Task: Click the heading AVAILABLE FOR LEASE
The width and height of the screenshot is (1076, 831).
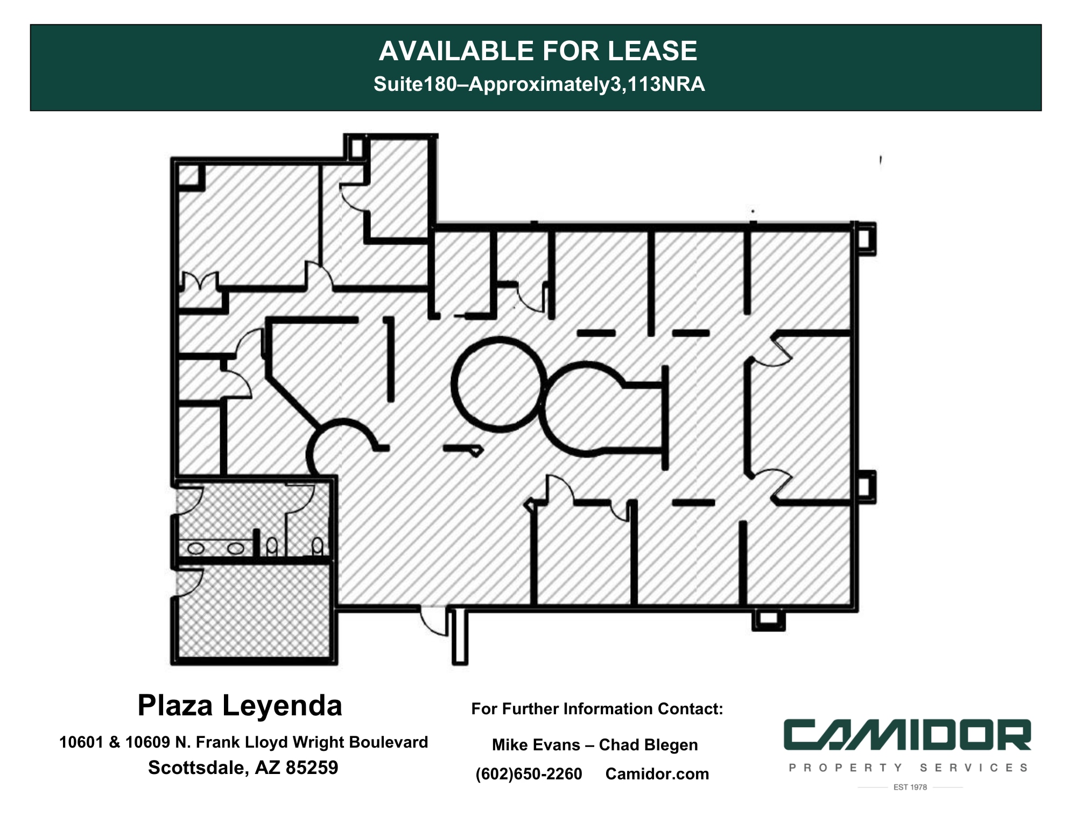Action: [537, 51]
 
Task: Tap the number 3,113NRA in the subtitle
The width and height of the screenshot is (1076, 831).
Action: [657, 84]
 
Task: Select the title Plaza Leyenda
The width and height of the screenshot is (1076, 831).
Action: [240, 705]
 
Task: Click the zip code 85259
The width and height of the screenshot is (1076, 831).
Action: [312, 768]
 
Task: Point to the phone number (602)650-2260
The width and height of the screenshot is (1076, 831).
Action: [529, 774]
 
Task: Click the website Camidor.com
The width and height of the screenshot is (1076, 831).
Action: [657, 774]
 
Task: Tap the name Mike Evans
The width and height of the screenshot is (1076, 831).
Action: [536, 745]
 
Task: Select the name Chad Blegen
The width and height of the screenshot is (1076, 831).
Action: [648, 745]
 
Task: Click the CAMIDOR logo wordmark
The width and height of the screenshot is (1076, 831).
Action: [907, 735]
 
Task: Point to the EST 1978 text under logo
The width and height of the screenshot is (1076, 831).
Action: [910, 787]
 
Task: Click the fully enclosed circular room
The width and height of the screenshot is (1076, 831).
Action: [498, 383]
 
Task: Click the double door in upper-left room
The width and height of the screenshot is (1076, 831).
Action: [200, 281]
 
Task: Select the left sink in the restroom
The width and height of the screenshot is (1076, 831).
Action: [195, 549]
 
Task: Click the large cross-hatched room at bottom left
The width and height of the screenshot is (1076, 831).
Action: [253, 610]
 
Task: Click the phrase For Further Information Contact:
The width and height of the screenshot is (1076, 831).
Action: [596, 709]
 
